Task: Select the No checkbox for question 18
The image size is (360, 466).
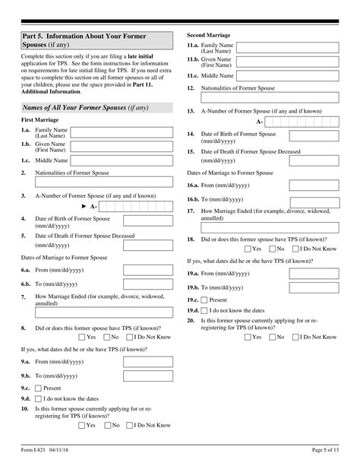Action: point(271,270)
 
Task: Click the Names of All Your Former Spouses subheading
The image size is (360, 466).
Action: point(85,108)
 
